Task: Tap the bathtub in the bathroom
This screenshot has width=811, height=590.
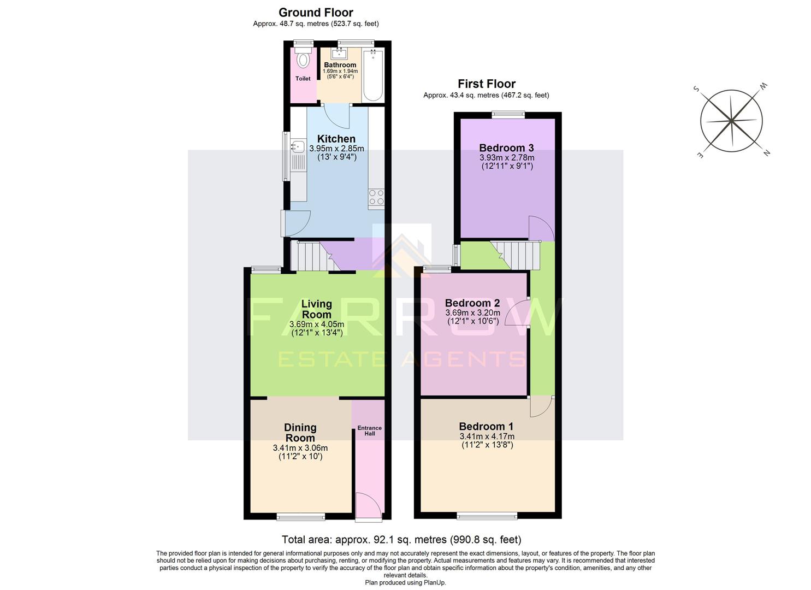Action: (374, 75)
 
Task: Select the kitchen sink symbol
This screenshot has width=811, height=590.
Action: (298, 146)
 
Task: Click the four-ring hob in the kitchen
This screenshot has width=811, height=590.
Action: (376, 197)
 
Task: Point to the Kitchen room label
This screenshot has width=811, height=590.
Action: (336, 139)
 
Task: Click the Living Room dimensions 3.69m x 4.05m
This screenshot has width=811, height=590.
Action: (316, 324)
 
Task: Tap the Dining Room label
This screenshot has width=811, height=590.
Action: (300, 433)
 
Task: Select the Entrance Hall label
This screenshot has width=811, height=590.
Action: (369, 431)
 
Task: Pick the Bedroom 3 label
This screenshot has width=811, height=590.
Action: (506, 147)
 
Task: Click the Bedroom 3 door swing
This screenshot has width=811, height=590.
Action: (540, 228)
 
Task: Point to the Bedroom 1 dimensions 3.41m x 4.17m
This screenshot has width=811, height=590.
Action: (487, 436)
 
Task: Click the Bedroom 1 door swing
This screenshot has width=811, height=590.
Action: (541, 405)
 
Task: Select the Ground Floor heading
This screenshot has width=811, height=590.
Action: (316, 13)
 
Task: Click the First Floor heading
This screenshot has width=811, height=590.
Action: (486, 84)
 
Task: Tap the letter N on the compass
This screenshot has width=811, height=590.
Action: (766, 154)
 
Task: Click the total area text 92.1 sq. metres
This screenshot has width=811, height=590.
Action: (401, 540)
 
